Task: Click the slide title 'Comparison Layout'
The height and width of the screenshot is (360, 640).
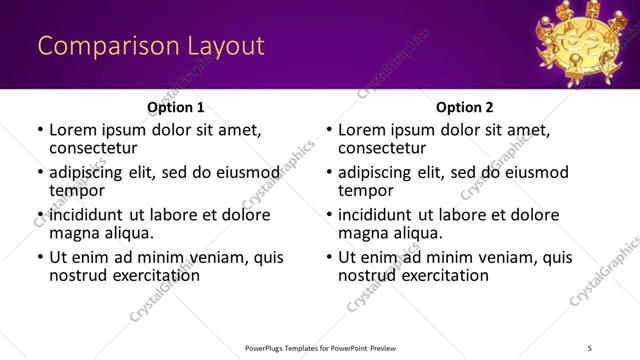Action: [x=151, y=46]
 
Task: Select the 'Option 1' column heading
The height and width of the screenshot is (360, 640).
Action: [x=175, y=106]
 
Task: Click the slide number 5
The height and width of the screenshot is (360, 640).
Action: [x=589, y=347]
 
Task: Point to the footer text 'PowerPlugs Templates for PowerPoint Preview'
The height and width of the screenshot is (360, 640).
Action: [x=320, y=347]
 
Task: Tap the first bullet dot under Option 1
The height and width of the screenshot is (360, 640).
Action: [x=39, y=130]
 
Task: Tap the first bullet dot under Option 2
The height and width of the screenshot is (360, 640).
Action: [x=328, y=130]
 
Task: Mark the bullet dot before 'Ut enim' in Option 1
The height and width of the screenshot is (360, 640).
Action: [x=39, y=257]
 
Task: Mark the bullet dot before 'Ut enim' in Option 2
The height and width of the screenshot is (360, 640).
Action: [x=328, y=257]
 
